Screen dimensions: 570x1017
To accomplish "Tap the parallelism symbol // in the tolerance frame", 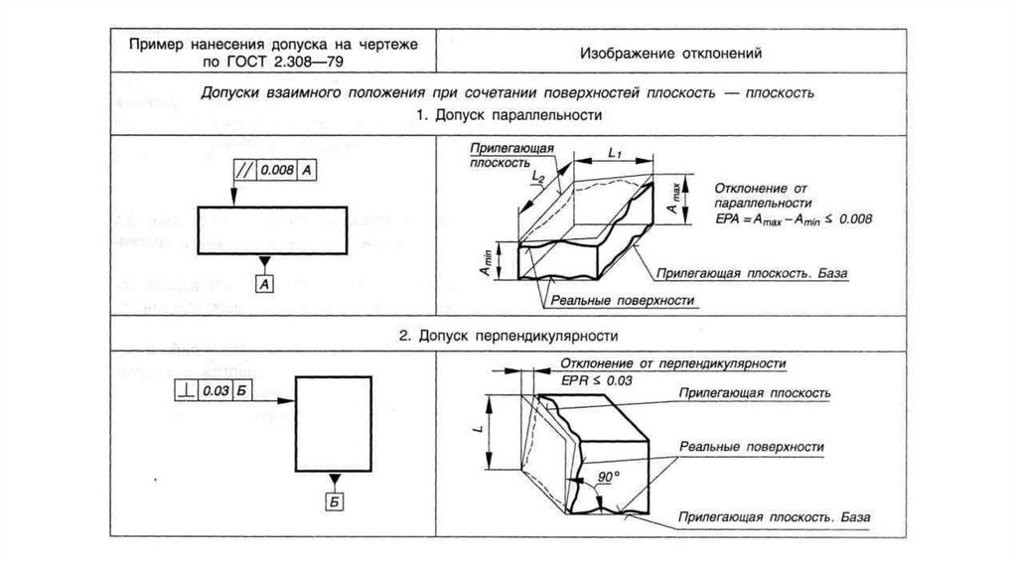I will (244, 170).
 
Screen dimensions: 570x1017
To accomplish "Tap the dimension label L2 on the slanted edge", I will (538, 177).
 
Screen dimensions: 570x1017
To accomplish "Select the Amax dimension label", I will (674, 200).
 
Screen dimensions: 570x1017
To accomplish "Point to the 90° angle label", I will (607, 478).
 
